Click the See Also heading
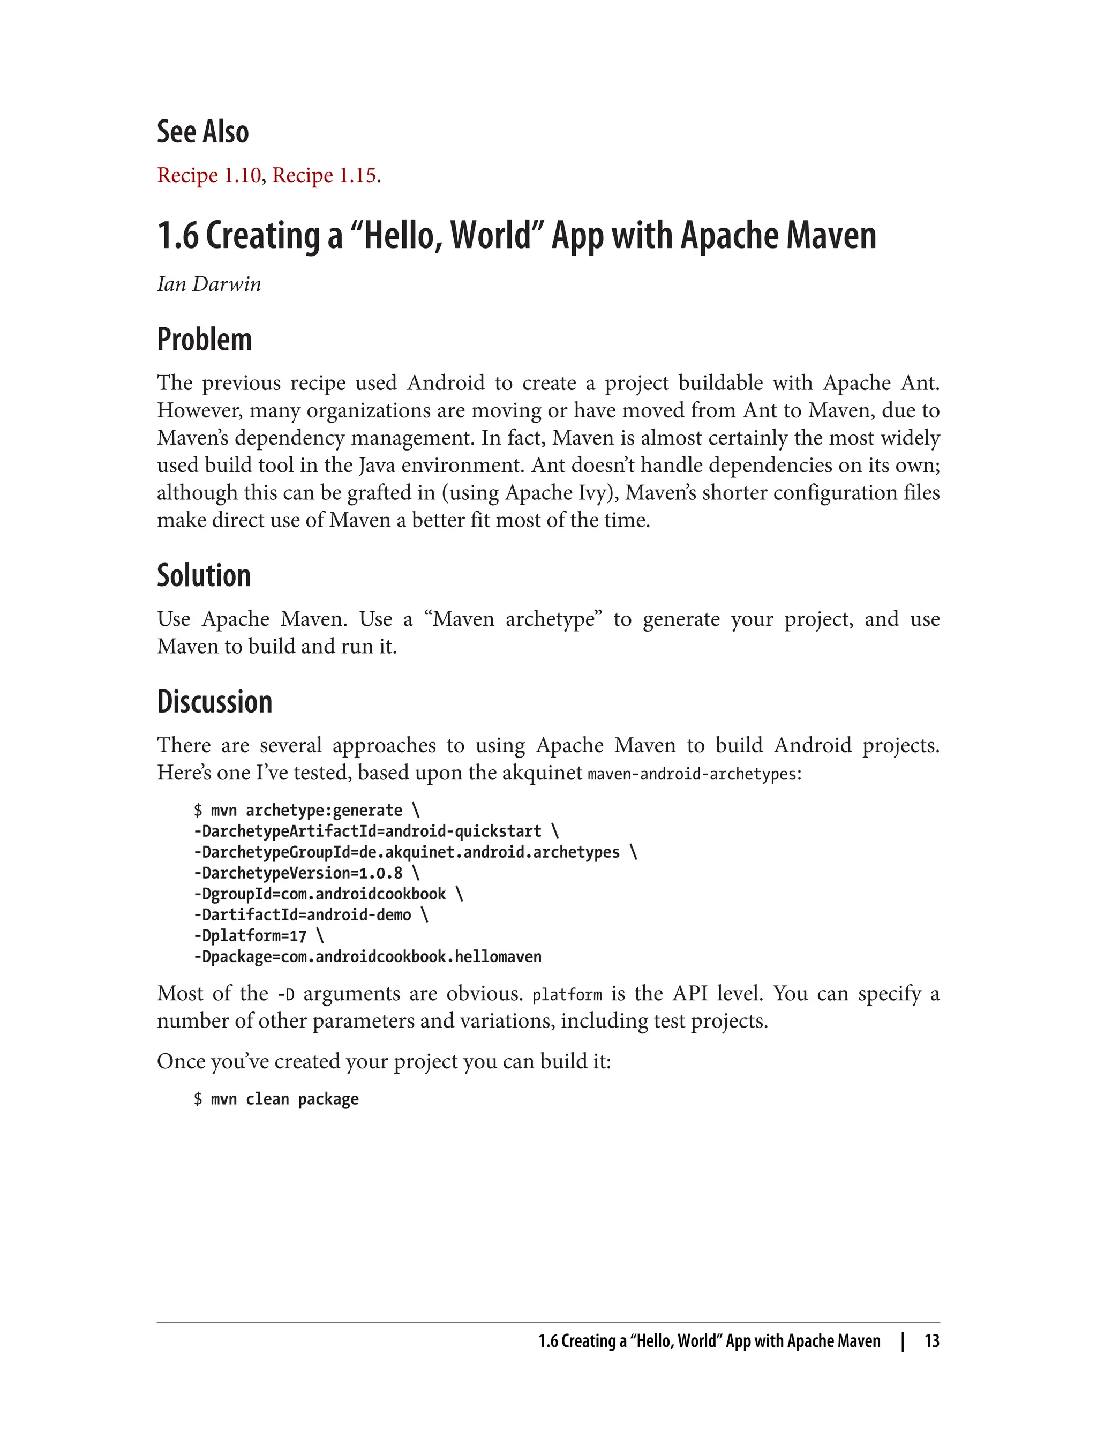pos(202,132)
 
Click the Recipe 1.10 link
pos(209,176)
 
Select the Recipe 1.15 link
pos(324,176)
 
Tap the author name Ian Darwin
pos(209,284)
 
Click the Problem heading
pos(205,340)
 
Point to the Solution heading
pos(204,576)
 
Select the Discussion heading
pos(214,702)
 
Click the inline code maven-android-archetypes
pos(692,775)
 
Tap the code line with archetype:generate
pos(307,811)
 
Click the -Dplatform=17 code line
pos(258,936)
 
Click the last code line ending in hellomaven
pos(367,957)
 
